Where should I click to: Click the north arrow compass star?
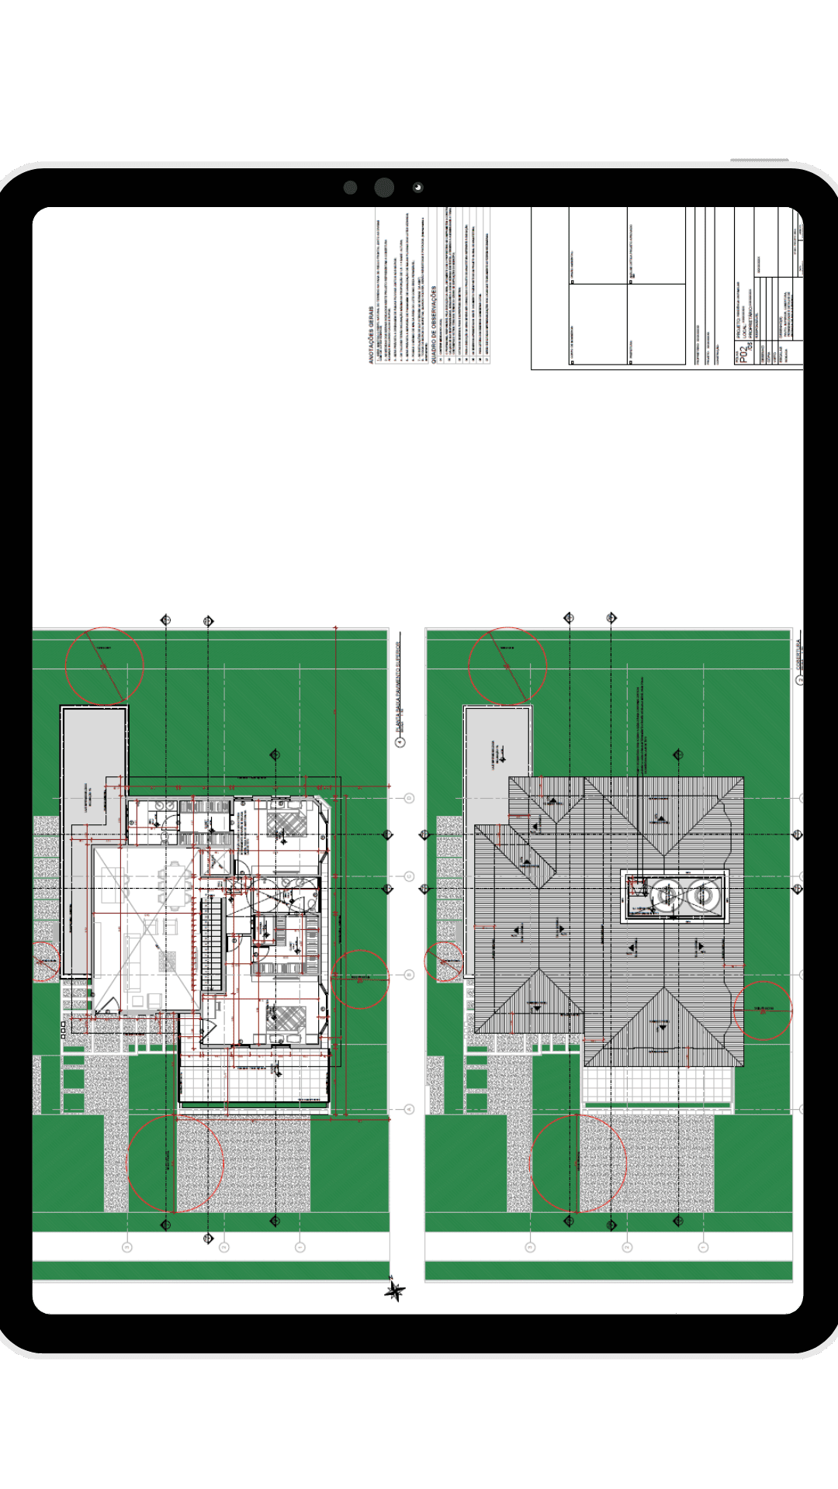tap(395, 1290)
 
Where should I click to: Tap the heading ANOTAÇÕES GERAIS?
tap(371, 333)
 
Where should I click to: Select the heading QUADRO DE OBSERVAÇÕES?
tap(434, 326)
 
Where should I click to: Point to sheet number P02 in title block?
tap(744, 355)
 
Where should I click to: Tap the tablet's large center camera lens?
tap(384, 187)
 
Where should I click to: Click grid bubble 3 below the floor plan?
tap(127, 1247)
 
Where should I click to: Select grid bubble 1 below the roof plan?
tap(703, 1247)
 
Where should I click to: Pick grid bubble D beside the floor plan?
tap(409, 798)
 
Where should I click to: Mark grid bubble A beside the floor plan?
tap(409, 1109)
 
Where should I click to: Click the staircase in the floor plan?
tap(212, 940)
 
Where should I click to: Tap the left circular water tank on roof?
tap(665, 896)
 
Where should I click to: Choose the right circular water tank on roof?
tap(701, 896)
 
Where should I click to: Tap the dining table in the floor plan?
tap(173, 889)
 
